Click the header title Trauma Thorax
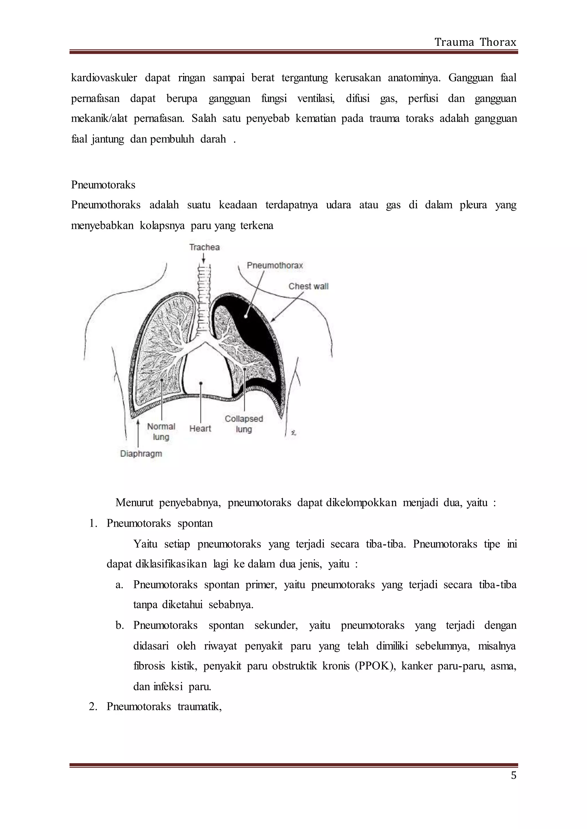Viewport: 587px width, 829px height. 475,42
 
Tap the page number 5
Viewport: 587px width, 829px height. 513,775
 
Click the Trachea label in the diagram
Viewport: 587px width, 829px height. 204,247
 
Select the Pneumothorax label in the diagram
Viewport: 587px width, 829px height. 275,265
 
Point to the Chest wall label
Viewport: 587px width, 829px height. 308,286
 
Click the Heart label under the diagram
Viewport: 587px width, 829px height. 200,429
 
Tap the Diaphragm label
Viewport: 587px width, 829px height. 141,454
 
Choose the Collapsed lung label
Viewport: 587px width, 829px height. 244,424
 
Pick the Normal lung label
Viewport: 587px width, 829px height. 161,431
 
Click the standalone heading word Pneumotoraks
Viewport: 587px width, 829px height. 103,185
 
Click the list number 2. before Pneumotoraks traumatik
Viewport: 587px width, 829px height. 93,706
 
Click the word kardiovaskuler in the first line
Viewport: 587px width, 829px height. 104,78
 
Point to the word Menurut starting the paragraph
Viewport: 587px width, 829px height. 134,503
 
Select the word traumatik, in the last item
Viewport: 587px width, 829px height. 199,706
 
